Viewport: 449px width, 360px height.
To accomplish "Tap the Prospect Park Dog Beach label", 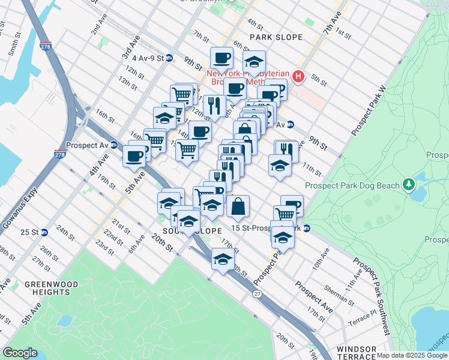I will click(351, 185).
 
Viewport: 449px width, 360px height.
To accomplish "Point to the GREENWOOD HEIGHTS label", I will click(47, 288).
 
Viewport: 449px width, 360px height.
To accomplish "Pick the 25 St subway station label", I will click(30, 232).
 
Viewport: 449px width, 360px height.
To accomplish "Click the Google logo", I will click(20, 353).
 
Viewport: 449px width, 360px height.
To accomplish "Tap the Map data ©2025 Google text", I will click(412, 355).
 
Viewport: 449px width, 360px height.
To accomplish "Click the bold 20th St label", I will click(162, 242).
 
